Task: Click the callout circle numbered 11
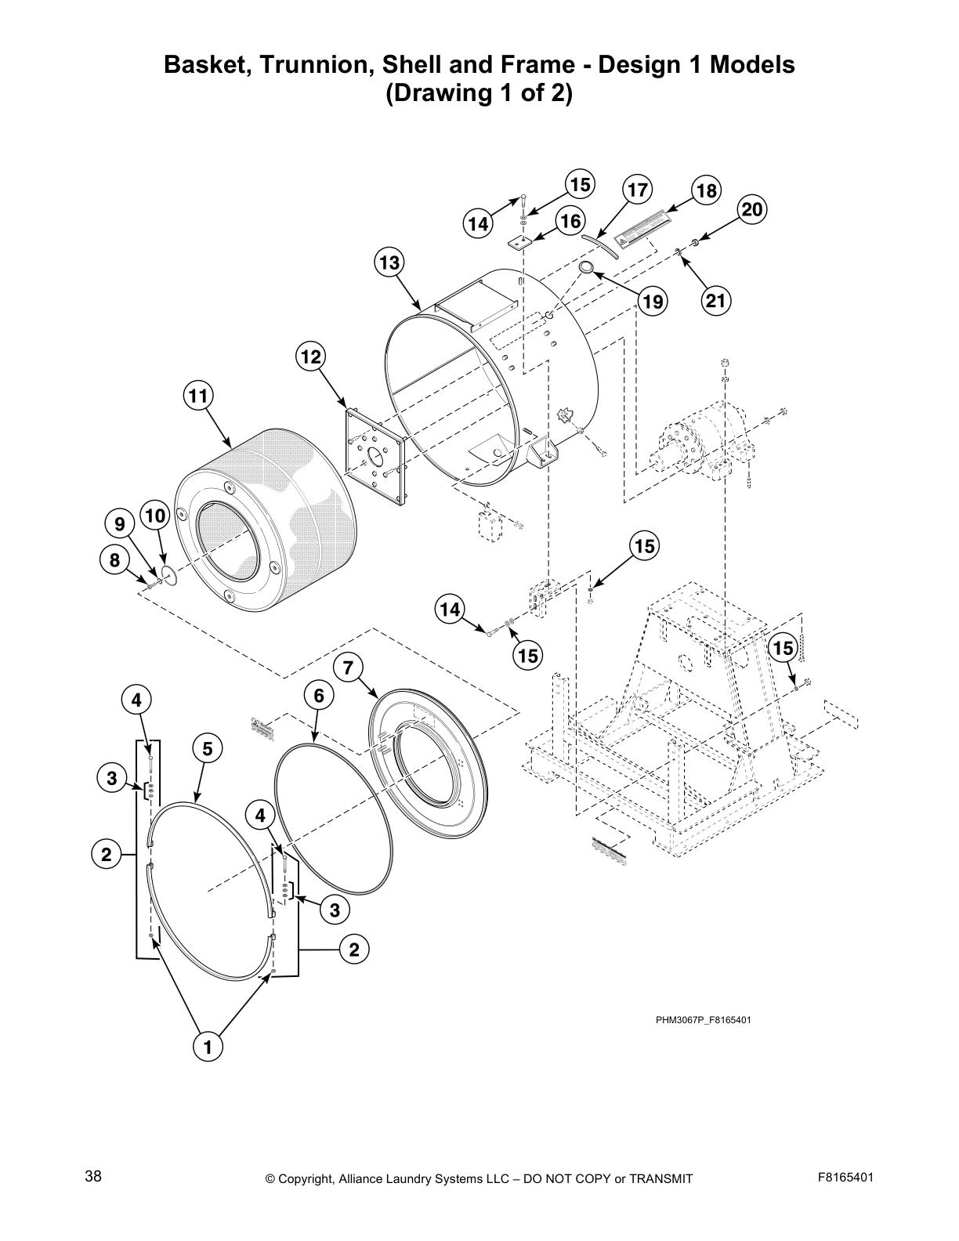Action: coord(199,396)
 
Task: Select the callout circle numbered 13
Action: coord(389,262)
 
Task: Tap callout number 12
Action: coord(311,357)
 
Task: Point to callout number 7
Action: coord(349,668)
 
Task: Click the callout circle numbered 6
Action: coord(319,695)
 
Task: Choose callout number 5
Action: coord(207,749)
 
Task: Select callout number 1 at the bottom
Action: coord(208,1046)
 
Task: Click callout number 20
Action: coord(751,209)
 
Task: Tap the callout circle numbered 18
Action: coord(706,190)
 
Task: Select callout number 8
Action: coord(115,559)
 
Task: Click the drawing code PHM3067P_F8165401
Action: coord(703,1019)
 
